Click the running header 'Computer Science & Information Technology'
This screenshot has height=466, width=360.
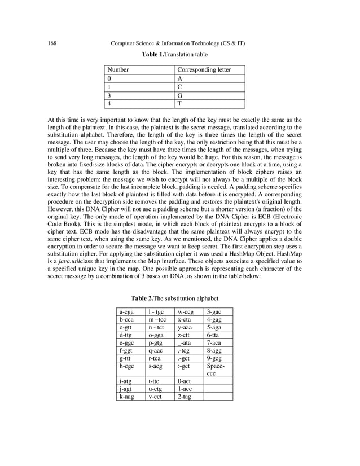[170, 43]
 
